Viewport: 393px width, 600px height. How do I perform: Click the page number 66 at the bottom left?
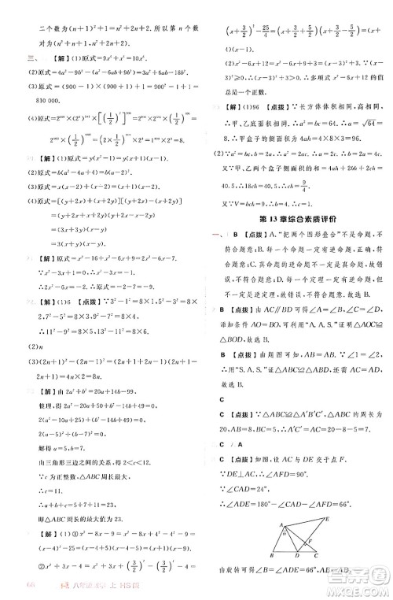(x=10, y=587)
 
